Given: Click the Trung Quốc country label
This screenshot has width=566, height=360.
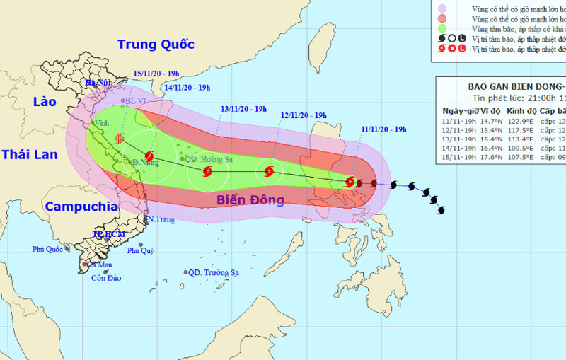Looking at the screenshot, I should [x=156, y=45].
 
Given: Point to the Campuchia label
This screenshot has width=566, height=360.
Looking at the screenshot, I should [x=80, y=207].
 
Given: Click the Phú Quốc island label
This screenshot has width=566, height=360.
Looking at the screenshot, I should [x=47, y=249].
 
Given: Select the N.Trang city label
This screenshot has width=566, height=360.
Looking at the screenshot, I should [x=160, y=220].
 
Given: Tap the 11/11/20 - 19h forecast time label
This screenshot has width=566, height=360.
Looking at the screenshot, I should [x=383, y=129].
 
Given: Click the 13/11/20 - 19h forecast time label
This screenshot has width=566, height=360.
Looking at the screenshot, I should [x=243, y=109].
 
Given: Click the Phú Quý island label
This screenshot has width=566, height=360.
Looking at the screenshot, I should [x=140, y=250].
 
